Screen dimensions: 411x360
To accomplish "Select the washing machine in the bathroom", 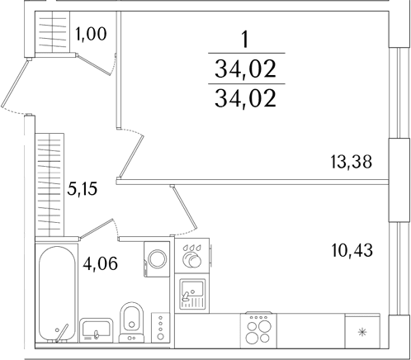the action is (x=157, y=259).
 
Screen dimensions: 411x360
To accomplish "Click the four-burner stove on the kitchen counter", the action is (x=258, y=330).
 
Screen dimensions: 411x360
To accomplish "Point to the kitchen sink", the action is (x=192, y=294).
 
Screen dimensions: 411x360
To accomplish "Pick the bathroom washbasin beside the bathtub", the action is (x=96, y=330).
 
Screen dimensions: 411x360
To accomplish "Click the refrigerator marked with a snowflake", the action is (x=362, y=331).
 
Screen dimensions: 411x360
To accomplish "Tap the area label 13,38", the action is (x=351, y=162).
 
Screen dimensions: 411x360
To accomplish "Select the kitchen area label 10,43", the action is (x=352, y=250).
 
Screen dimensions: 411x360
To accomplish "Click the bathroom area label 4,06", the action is (x=100, y=263).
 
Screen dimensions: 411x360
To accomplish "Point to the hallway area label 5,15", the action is (x=83, y=189).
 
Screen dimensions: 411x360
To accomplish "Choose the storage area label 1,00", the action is (x=91, y=34).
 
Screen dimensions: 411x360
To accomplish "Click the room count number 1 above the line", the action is (x=244, y=40).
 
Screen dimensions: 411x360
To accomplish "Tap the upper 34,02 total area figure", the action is (x=245, y=69).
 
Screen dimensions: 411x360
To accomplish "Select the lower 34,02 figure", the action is (x=245, y=98).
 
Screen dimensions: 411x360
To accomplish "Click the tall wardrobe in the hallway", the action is (x=50, y=185).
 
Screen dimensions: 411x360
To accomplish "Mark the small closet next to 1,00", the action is (x=52, y=31).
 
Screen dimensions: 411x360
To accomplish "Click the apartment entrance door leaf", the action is (x=15, y=83).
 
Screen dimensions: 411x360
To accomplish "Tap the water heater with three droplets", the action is (x=192, y=256).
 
